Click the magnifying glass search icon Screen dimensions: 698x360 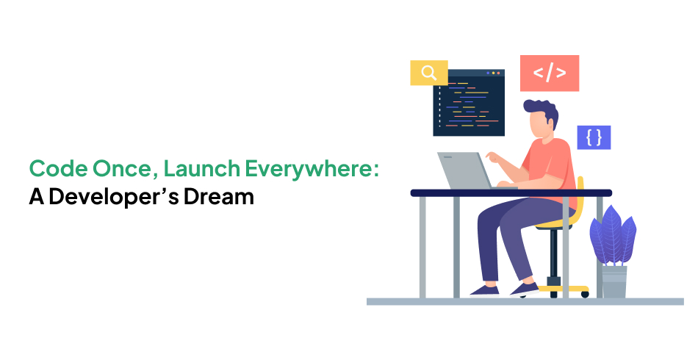[x=428, y=72]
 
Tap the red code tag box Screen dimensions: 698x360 [x=550, y=73]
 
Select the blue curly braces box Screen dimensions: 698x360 [x=594, y=137]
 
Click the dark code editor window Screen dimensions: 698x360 [x=469, y=102]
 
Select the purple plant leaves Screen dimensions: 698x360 [x=613, y=236]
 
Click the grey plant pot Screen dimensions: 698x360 [x=614, y=281]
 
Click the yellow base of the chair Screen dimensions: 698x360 [x=563, y=289]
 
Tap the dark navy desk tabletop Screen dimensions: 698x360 [x=511, y=192]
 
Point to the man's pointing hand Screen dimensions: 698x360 [x=493, y=157]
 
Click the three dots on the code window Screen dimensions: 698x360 [x=493, y=73]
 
